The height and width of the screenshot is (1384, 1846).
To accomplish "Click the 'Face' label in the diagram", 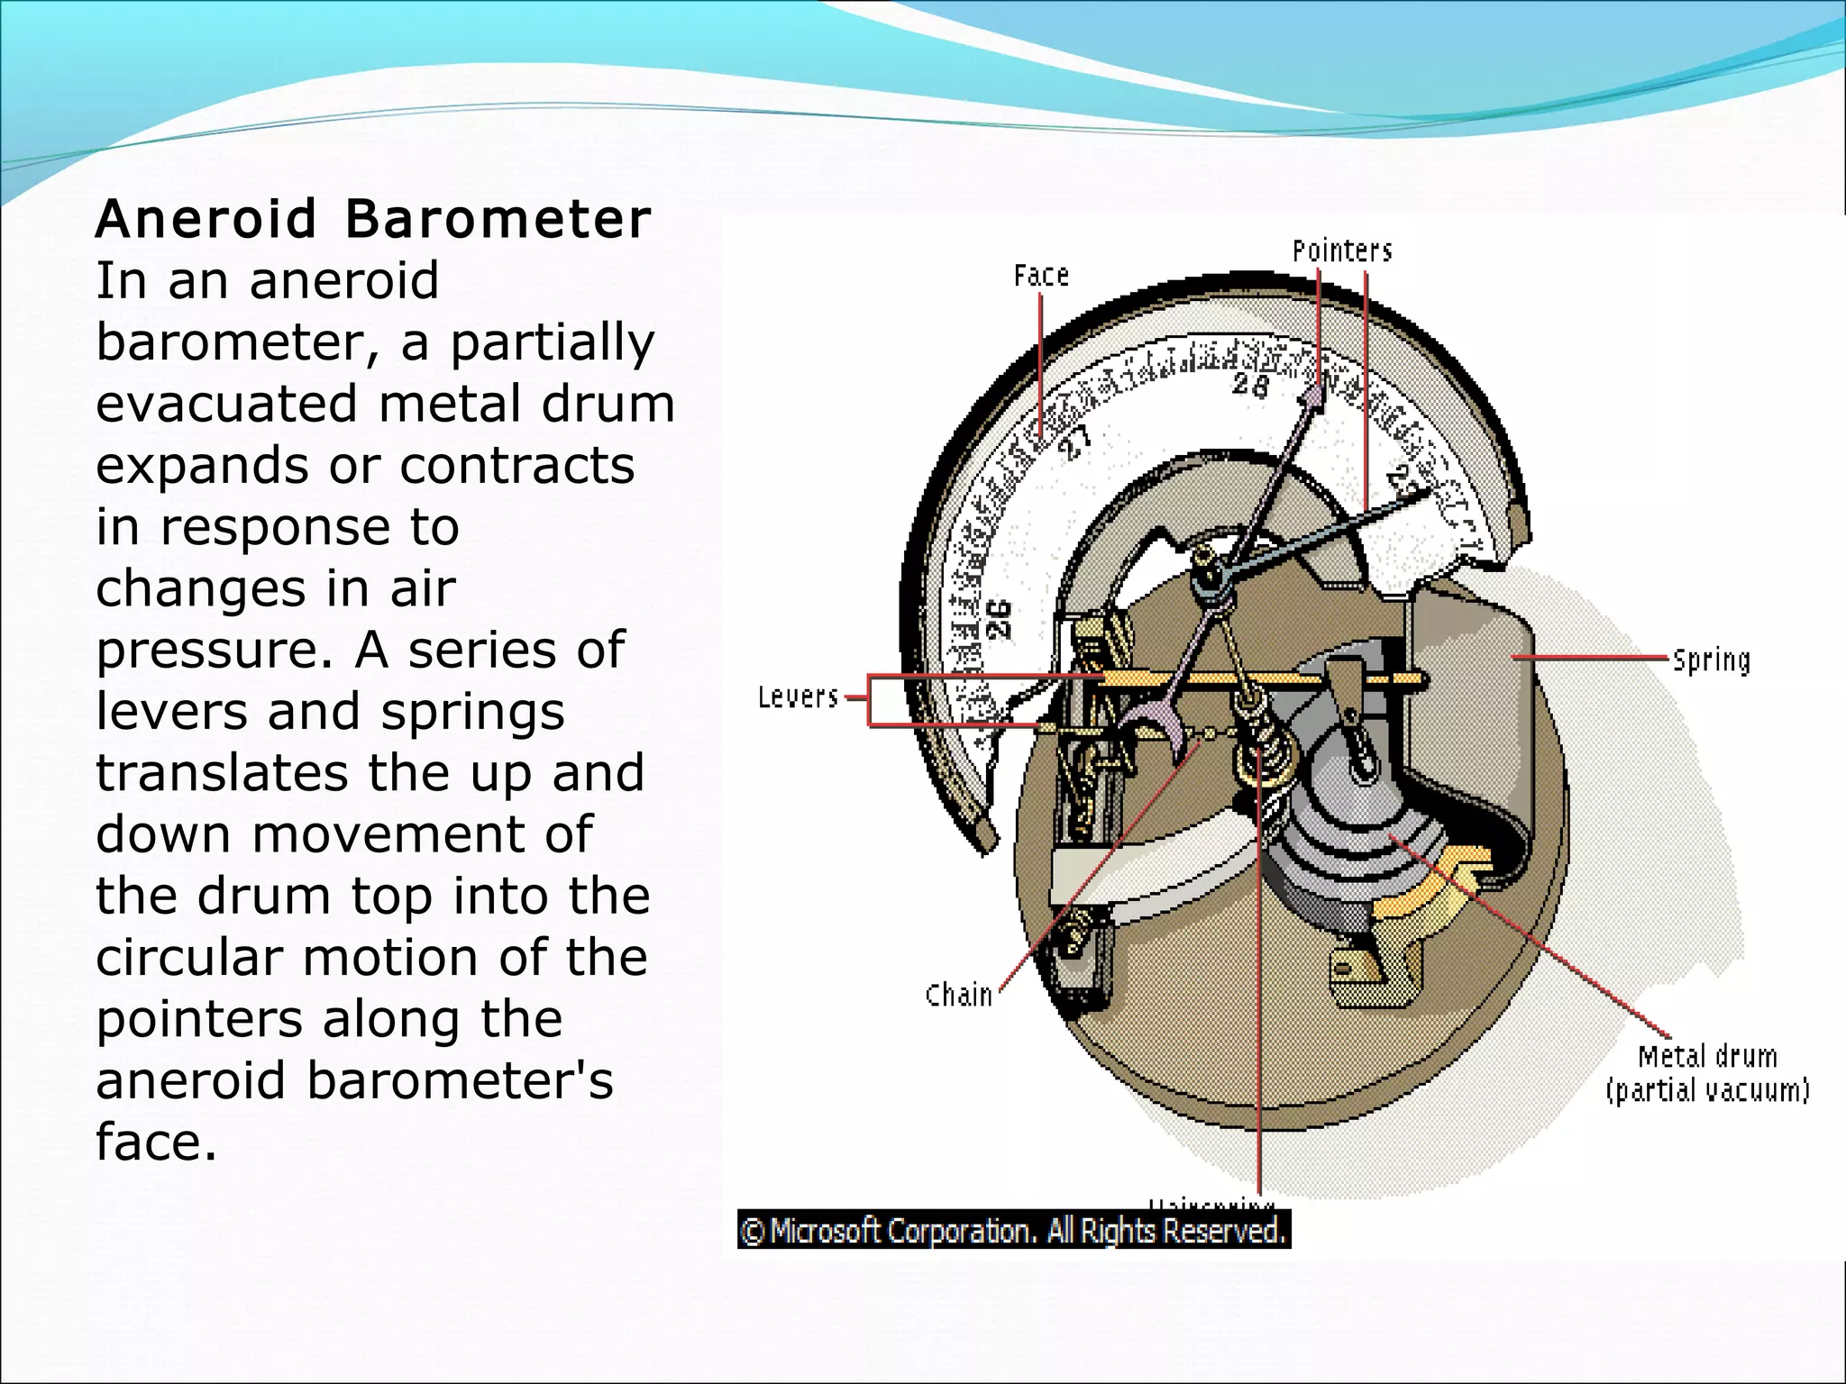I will pyautogui.click(x=1041, y=275).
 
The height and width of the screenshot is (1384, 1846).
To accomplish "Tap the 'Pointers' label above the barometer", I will pyautogui.click(x=1341, y=250).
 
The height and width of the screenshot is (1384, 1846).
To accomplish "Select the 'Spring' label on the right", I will pyautogui.click(x=1711, y=660).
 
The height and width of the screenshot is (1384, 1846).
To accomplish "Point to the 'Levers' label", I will pyautogui.click(x=798, y=697).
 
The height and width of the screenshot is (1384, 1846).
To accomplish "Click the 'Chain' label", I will pyautogui.click(x=958, y=996).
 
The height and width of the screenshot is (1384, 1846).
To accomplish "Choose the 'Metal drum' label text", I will pyautogui.click(x=1707, y=1056).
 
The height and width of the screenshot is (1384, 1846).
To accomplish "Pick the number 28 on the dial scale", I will pyautogui.click(x=1250, y=384).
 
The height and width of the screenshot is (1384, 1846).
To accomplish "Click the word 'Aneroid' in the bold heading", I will pyautogui.click(x=206, y=219).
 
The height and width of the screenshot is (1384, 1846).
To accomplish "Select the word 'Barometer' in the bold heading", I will pyautogui.click(x=498, y=219).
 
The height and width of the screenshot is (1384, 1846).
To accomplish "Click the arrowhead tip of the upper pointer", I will pyautogui.click(x=1317, y=392).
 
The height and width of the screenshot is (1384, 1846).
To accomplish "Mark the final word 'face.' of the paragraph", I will pyautogui.click(x=156, y=1142).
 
